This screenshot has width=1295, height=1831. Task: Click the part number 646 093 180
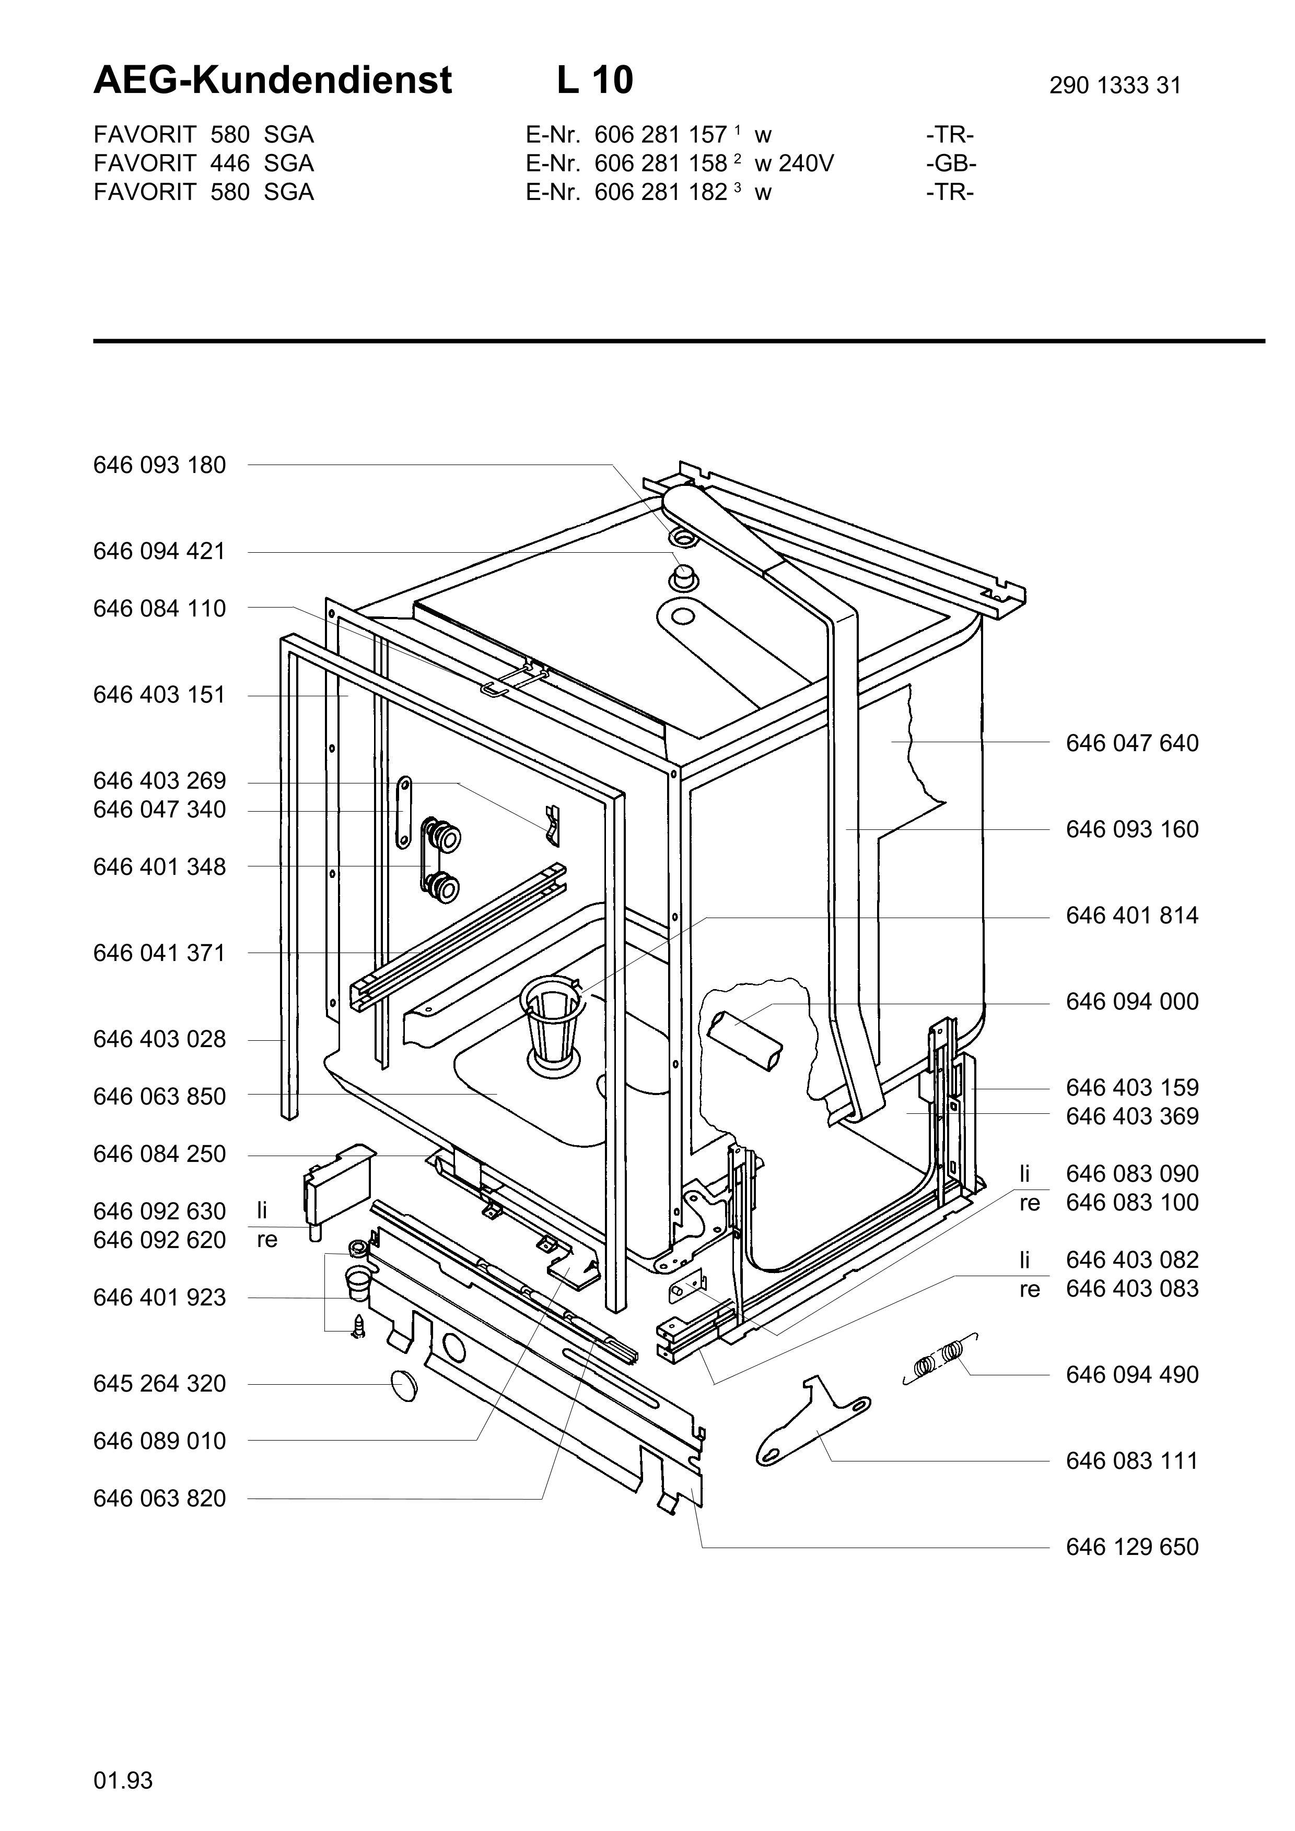coord(159,465)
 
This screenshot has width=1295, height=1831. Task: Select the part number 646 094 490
coord(1131,1375)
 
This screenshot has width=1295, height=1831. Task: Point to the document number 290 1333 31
coord(1115,85)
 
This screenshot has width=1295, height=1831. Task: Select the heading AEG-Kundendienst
coord(273,80)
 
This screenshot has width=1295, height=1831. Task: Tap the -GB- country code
coord(951,163)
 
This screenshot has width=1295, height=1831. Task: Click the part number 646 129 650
coord(1131,1547)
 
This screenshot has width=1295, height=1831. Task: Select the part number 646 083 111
coord(1131,1461)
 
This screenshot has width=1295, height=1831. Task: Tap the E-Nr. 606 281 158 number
coord(661,163)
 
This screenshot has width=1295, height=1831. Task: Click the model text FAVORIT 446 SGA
coord(203,163)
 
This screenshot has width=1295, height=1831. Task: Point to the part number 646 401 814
coord(1131,915)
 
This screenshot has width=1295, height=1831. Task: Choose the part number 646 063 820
coord(159,1499)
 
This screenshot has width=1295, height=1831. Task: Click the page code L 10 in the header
coord(594,80)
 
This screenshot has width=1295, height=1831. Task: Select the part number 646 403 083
coord(1131,1289)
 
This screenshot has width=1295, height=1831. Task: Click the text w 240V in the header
coord(794,163)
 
